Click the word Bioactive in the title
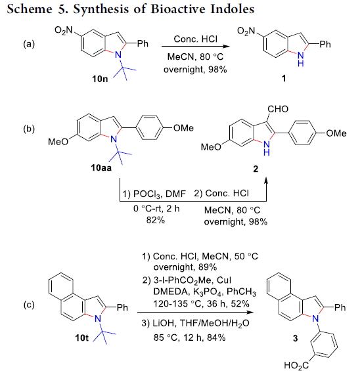(179, 9)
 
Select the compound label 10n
(100, 79)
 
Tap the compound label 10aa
(101, 167)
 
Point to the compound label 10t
(81, 338)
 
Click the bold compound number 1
(284, 78)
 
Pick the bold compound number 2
(256, 169)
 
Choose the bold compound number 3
(295, 338)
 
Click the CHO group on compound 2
(278, 109)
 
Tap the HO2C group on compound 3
(296, 365)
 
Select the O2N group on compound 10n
(64, 30)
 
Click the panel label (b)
(29, 129)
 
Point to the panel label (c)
(29, 305)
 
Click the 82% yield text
(156, 220)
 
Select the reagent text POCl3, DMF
(160, 194)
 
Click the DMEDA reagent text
(170, 292)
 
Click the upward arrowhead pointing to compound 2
(266, 181)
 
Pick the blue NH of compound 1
(301, 59)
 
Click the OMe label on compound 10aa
(183, 128)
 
